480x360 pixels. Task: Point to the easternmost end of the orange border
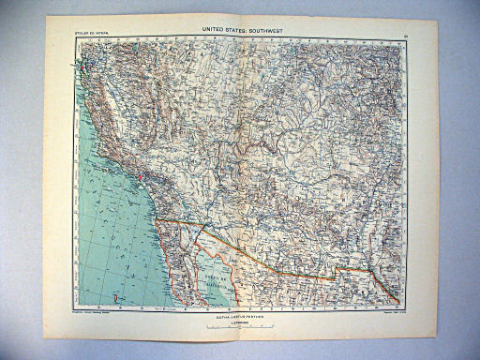coord(397,301)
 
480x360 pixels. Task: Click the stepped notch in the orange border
coord(333,272)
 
